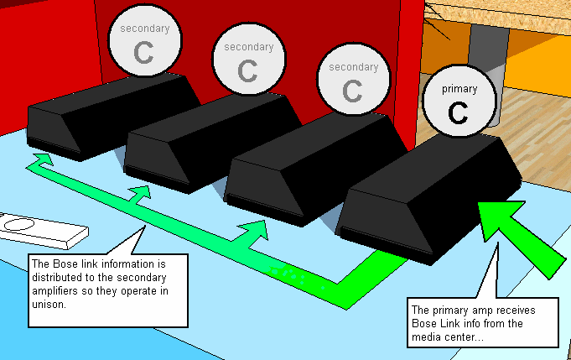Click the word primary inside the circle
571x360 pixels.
tap(459, 90)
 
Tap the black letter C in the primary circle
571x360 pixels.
tap(458, 112)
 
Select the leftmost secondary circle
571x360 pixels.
tap(145, 40)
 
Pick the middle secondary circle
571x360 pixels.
tap(249, 59)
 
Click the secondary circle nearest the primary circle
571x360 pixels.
tap(354, 79)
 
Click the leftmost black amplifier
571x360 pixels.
tap(113, 117)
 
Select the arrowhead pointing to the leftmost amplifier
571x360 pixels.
tap(43, 159)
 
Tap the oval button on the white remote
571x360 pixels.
tap(19, 224)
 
